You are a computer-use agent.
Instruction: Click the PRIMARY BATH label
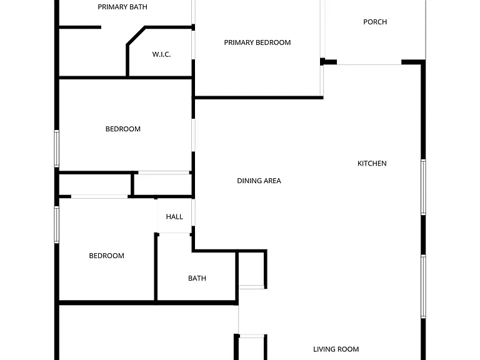(x=122, y=7)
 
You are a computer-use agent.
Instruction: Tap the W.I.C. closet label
(x=161, y=54)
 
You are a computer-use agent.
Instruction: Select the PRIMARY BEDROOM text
(x=257, y=42)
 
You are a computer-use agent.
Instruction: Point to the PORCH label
(x=375, y=22)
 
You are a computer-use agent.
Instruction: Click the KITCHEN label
(x=372, y=164)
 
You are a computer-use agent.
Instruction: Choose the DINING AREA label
(x=259, y=181)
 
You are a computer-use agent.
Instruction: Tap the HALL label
(x=174, y=217)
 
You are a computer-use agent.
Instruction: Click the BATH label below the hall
(x=197, y=278)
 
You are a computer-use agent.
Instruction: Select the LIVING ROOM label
(x=336, y=349)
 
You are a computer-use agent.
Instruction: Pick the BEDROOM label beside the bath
(x=106, y=256)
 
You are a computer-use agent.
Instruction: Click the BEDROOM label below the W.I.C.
(x=123, y=129)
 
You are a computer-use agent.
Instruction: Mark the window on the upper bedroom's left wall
(x=57, y=149)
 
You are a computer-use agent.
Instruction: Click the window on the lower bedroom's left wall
(x=57, y=225)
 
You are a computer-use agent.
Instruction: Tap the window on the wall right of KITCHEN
(x=423, y=187)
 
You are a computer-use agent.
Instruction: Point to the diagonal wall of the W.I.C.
(x=136, y=36)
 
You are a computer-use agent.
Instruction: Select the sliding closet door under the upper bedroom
(x=164, y=173)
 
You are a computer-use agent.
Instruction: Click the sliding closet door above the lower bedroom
(x=99, y=196)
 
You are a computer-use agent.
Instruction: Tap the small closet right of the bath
(x=251, y=269)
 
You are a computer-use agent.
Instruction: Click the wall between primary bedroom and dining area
(x=258, y=97)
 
